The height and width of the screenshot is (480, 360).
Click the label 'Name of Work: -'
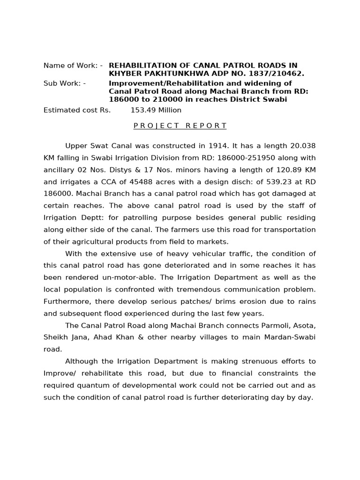[73, 66]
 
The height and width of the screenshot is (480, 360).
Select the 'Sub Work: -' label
[65, 83]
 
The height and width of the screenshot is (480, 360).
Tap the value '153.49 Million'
[156, 110]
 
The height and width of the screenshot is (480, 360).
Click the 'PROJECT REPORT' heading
[180, 126]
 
